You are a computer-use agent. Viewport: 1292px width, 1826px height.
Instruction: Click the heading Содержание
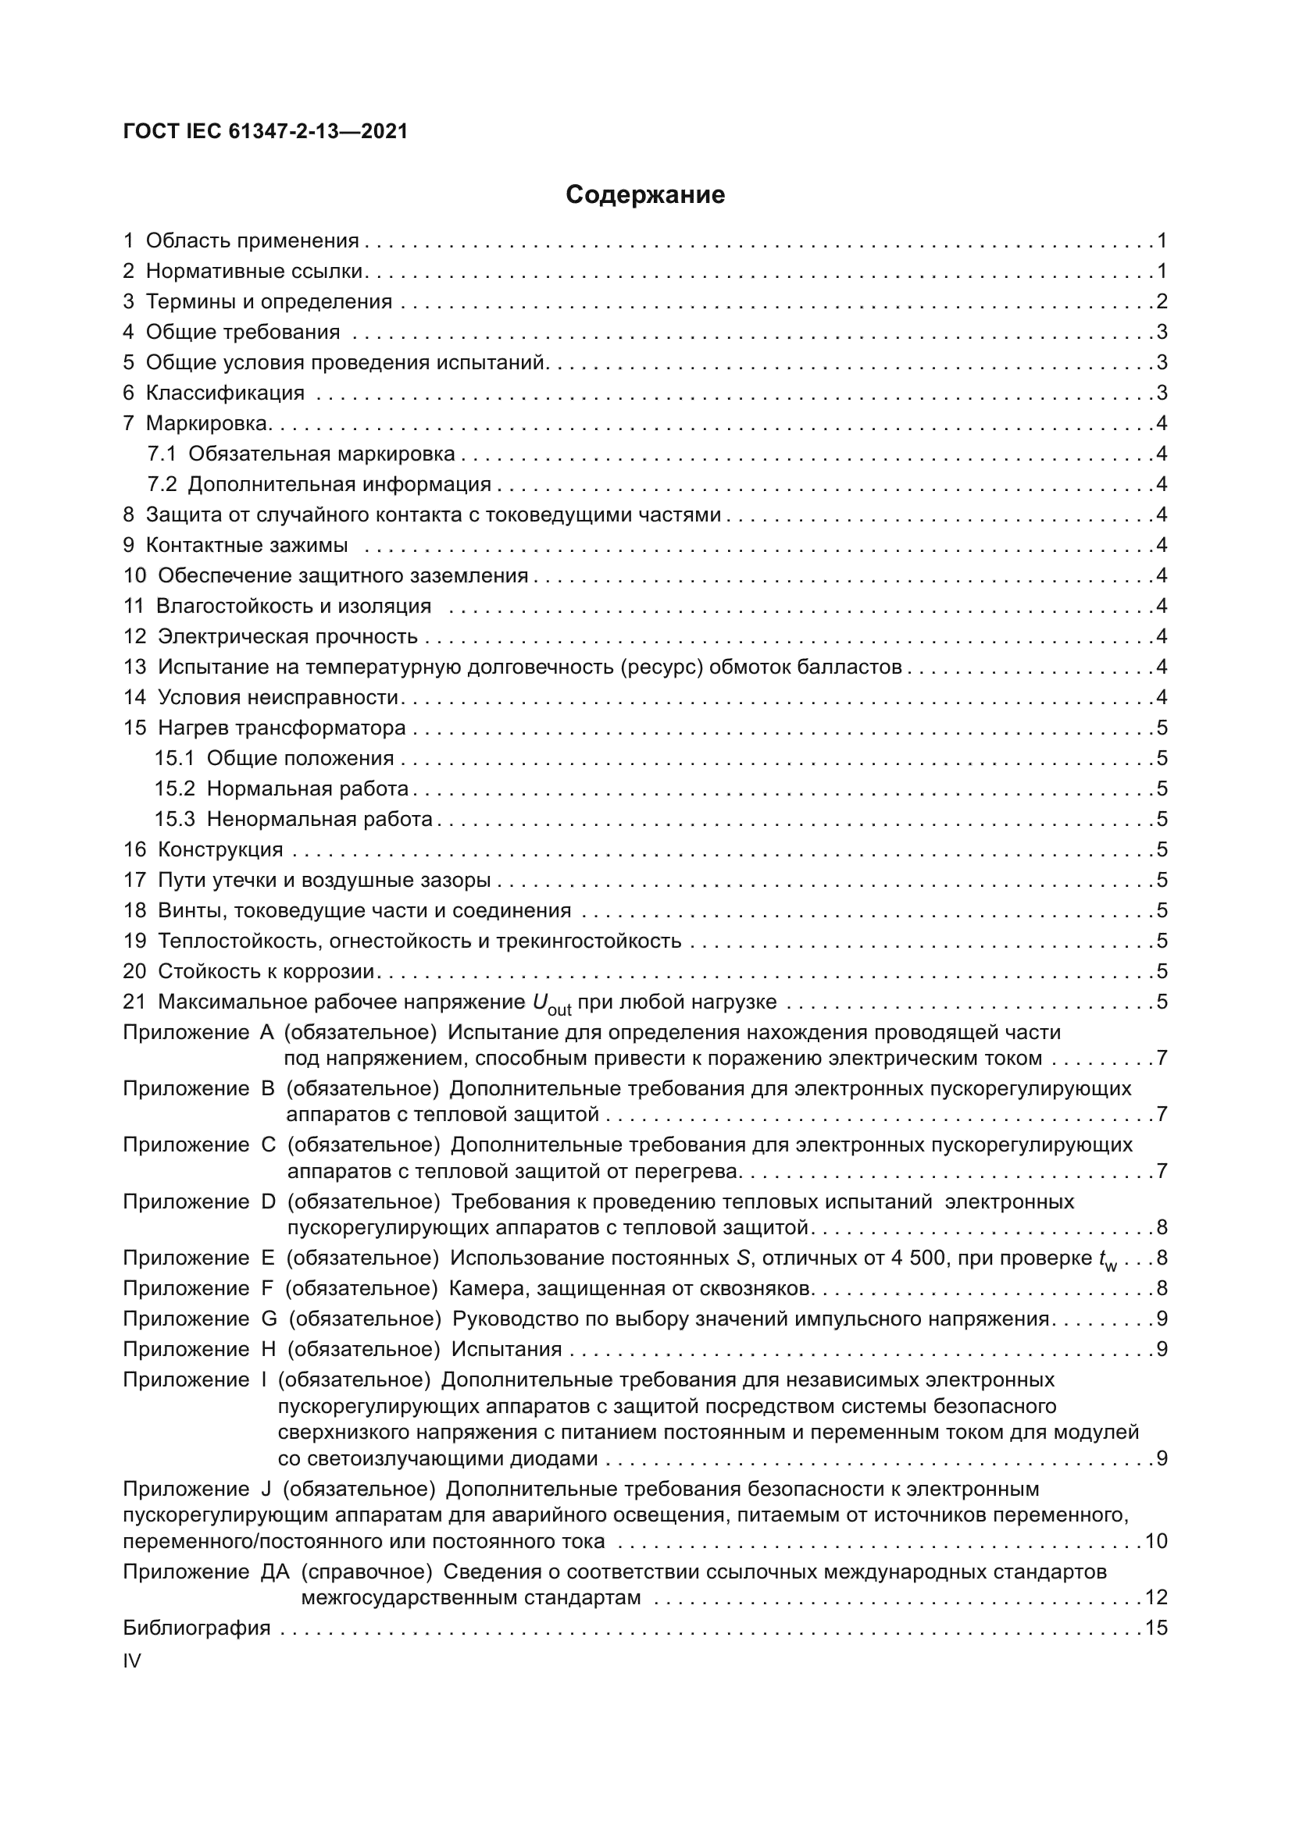(644, 195)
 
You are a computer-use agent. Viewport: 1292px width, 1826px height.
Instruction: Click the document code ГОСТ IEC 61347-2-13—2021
(265, 131)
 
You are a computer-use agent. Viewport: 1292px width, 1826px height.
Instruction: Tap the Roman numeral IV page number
(131, 1660)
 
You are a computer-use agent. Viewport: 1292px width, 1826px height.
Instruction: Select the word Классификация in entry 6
(225, 393)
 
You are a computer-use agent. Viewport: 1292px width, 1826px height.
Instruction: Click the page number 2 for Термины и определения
(1162, 301)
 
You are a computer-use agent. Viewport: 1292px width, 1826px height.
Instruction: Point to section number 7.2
(162, 484)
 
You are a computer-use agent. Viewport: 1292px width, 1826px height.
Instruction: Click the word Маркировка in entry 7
(206, 423)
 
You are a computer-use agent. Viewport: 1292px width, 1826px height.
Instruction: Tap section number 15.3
(174, 819)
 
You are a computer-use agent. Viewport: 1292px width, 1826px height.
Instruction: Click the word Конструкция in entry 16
(220, 849)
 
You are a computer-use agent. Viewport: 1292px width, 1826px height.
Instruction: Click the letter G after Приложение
(269, 1319)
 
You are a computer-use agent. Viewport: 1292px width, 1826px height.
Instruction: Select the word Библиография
(197, 1628)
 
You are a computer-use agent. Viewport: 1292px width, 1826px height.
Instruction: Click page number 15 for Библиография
(1155, 1628)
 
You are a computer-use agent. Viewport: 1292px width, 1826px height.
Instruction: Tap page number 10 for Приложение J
(1155, 1541)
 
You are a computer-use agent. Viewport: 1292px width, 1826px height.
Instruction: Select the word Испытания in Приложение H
(506, 1350)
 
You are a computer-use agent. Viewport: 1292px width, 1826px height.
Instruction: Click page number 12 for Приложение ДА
(1155, 1597)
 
